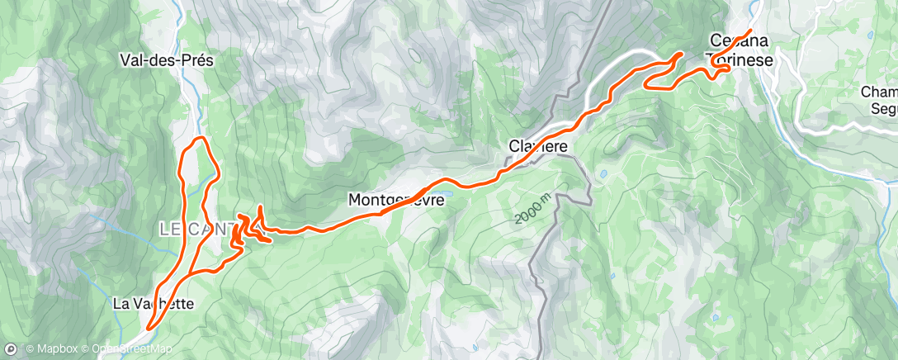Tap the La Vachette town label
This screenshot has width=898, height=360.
tap(153, 304)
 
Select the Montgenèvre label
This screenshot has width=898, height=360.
tap(396, 200)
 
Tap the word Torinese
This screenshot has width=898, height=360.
tap(739, 59)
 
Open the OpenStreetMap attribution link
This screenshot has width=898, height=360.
tap(125, 349)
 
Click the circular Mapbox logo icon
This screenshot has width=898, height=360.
tap(10, 349)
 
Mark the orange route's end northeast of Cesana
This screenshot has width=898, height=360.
tap(749, 31)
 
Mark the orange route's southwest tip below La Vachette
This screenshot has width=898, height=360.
tap(149, 328)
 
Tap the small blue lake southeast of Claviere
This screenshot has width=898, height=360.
tap(604, 175)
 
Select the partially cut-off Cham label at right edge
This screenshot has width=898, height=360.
tap(878, 92)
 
